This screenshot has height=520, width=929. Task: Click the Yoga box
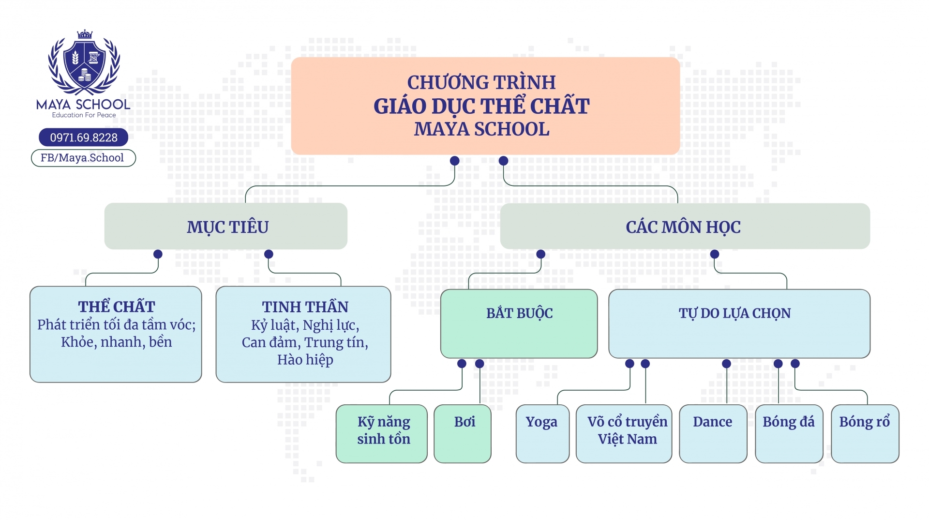[x=542, y=433]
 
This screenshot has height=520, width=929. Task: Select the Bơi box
[x=463, y=433]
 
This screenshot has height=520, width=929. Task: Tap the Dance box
[x=713, y=433]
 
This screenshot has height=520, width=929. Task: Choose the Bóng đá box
[x=789, y=433]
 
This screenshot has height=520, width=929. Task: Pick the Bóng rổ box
[x=865, y=433]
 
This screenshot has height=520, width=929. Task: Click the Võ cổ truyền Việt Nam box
[x=624, y=433]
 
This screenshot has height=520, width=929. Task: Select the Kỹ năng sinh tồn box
[x=382, y=433]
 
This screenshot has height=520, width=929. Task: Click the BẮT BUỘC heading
[x=519, y=313]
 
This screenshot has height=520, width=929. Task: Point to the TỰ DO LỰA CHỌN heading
[x=734, y=313]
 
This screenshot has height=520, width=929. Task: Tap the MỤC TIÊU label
[x=227, y=227]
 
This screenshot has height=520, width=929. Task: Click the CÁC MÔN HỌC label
[x=683, y=227]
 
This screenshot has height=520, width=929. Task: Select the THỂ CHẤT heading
[x=117, y=306]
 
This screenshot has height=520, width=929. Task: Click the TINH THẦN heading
[x=305, y=306]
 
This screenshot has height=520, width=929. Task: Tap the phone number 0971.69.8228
[x=84, y=138]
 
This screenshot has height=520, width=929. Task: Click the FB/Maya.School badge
[x=83, y=158]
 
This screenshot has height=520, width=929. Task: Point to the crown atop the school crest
[x=85, y=34]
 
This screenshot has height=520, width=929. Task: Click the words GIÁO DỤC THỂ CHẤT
[x=481, y=106]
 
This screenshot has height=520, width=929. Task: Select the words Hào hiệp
[x=305, y=360]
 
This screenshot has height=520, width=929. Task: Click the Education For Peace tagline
[x=84, y=115]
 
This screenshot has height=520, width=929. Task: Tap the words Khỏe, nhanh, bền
[x=117, y=342]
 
